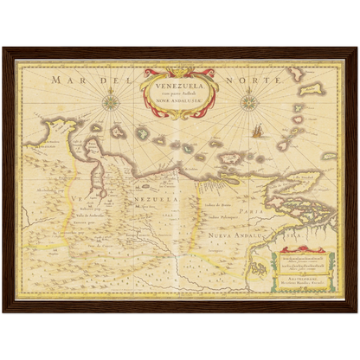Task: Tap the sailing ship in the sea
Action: [258, 132]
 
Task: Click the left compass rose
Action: [110, 103]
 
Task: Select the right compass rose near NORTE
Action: [247, 101]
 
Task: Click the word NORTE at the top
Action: [254, 80]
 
